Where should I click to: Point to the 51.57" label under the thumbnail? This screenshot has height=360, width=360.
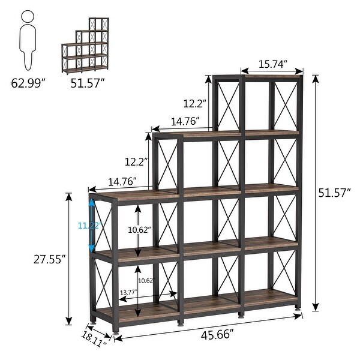click(89, 83)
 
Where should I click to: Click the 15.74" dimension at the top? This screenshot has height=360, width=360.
click(272, 64)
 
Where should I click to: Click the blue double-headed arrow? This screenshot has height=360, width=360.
click(92, 226)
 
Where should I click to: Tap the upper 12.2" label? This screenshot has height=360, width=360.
click(194, 103)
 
